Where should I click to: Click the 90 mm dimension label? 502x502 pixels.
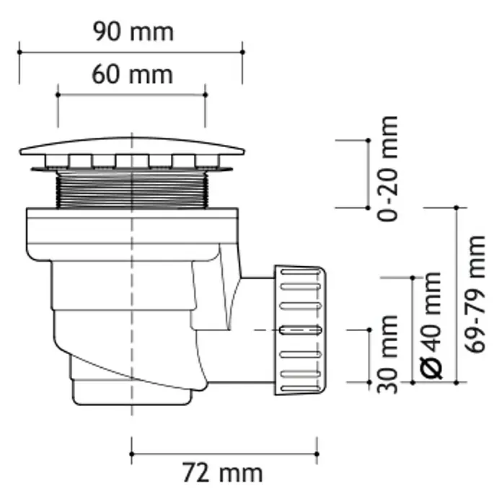pos(133,32)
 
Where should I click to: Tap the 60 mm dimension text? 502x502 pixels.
pos(133,74)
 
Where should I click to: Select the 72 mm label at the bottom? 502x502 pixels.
pos(222,473)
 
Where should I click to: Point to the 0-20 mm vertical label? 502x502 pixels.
pos(387,169)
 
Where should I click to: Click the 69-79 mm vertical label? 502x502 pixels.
pos(475,294)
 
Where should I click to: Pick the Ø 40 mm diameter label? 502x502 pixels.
pos(431,325)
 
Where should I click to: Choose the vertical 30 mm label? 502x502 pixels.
pos(387,354)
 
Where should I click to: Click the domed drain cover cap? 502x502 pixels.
pos(132,146)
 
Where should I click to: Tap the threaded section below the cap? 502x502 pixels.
pos(132,190)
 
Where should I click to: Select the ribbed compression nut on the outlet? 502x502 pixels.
pos(300,330)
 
